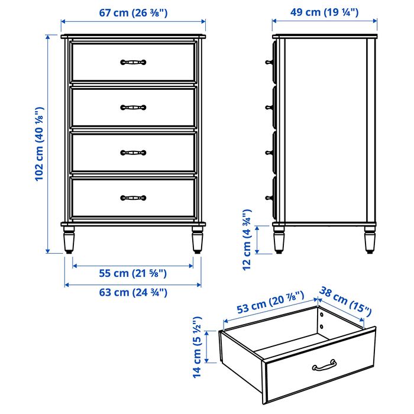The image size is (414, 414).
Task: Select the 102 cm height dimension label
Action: pyautogui.click(x=38, y=143)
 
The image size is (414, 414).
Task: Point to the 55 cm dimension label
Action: pyautogui.click(x=133, y=273)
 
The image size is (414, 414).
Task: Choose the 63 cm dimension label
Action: pyautogui.click(x=133, y=292)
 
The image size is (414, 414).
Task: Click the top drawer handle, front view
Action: pyautogui.click(x=133, y=62)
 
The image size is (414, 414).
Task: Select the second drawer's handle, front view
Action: pyautogui.click(x=133, y=108)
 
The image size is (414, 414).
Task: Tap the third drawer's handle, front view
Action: pyautogui.click(x=133, y=153)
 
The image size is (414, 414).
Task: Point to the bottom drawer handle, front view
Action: pyautogui.click(x=133, y=198)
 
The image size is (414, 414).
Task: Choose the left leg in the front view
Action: pyautogui.click(x=69, y=239)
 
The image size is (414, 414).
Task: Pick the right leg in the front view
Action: pyautogui.click(x=197, y=239)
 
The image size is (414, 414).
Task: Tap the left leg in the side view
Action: pyautogui.click(x=279, y=239)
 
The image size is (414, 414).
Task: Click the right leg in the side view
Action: pyautogui.click(x=370, y=239)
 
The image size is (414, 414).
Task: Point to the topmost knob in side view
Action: pyautogui.click(x=269, y=62)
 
